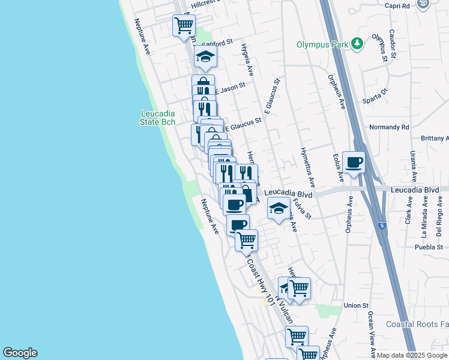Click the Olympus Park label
click(323, 44)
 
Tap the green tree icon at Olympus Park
click(358, 44)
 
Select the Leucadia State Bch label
click(158, 118)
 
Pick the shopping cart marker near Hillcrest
click(184, 26)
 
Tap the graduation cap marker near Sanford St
click(205, 57)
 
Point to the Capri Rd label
click(397, 5)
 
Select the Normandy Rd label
click(389, 127)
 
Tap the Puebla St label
click(429, 247)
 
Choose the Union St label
click(357, 306)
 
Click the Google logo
click(20, 353)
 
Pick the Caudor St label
click(392, 43)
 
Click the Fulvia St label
click(304, 208)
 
